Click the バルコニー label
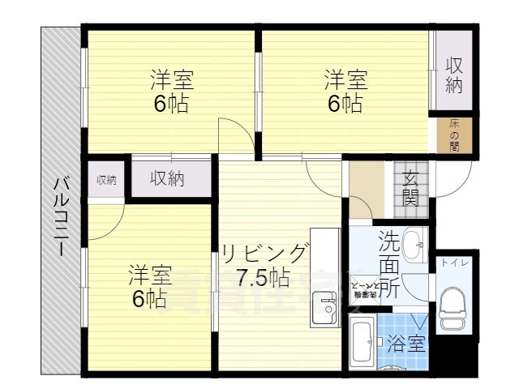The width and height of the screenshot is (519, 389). [61, 216]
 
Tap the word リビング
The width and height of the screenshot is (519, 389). [265, 252]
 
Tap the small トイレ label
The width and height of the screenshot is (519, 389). [452, 263]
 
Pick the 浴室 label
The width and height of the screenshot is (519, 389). [405, 344]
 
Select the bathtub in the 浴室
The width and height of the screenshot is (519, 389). [362, 342]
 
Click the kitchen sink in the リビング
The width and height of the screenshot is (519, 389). [328, 309]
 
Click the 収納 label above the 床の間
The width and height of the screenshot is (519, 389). [454, 75]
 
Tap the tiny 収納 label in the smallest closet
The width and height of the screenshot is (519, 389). [106, 180]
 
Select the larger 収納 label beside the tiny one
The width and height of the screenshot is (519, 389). [167, 178]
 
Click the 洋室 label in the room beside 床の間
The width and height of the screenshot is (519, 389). [346, 80]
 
